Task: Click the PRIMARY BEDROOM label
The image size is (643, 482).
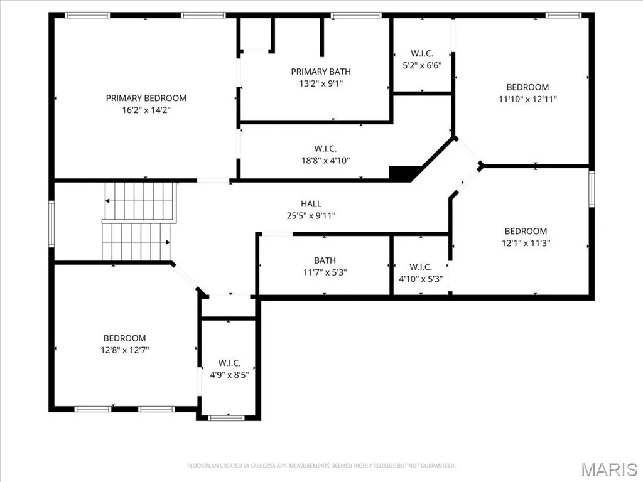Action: pos(146,99)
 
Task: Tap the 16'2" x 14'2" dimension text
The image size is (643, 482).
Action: pos(146,110)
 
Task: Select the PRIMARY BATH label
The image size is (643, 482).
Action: pos(321,72)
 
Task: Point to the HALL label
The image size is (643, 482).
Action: pos(311,204)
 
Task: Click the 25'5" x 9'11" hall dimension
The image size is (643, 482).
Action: pos(311,216)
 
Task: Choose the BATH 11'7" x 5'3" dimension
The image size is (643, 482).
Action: pos(325,272)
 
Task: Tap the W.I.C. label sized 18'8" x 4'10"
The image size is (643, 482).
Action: pos(325,149)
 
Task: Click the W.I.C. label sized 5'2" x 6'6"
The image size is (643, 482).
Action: pos(422,54)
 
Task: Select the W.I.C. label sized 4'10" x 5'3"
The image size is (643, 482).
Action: pos(420,267)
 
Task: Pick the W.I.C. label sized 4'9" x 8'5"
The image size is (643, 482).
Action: pos(229,363)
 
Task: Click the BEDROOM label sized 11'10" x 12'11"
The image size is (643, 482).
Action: pos(527,87)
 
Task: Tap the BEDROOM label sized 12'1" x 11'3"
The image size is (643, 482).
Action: pos(526,231)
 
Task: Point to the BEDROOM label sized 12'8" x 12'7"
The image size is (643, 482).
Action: pos(124,338)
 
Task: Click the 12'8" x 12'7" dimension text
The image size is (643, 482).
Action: pos(124,350)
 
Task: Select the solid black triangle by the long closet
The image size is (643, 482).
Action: pos(404,173)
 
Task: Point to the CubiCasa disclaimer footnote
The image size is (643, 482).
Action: pos(321,466)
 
